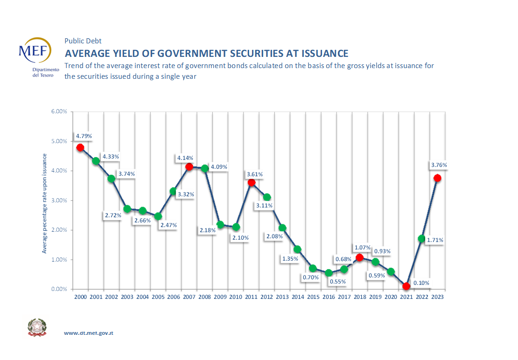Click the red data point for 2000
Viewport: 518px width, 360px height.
tap(80, 147)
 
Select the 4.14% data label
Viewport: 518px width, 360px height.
tap(185, 158)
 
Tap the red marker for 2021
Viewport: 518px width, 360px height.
tap(406, 286)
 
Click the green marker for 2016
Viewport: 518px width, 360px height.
tap(329, 273)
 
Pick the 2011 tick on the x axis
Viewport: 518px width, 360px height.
tap(251, 297)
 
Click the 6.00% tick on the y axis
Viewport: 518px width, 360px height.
tap(59, 112)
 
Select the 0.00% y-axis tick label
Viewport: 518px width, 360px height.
tap(59, 289)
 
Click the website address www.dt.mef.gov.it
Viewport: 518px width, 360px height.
tap(89, 333)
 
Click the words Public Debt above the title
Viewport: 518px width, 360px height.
tap(83, 41)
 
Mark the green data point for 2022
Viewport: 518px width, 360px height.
tap(421, 238)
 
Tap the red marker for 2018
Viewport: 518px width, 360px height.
tap(359, 257)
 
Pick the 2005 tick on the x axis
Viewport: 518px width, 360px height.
tap(158, 297)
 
